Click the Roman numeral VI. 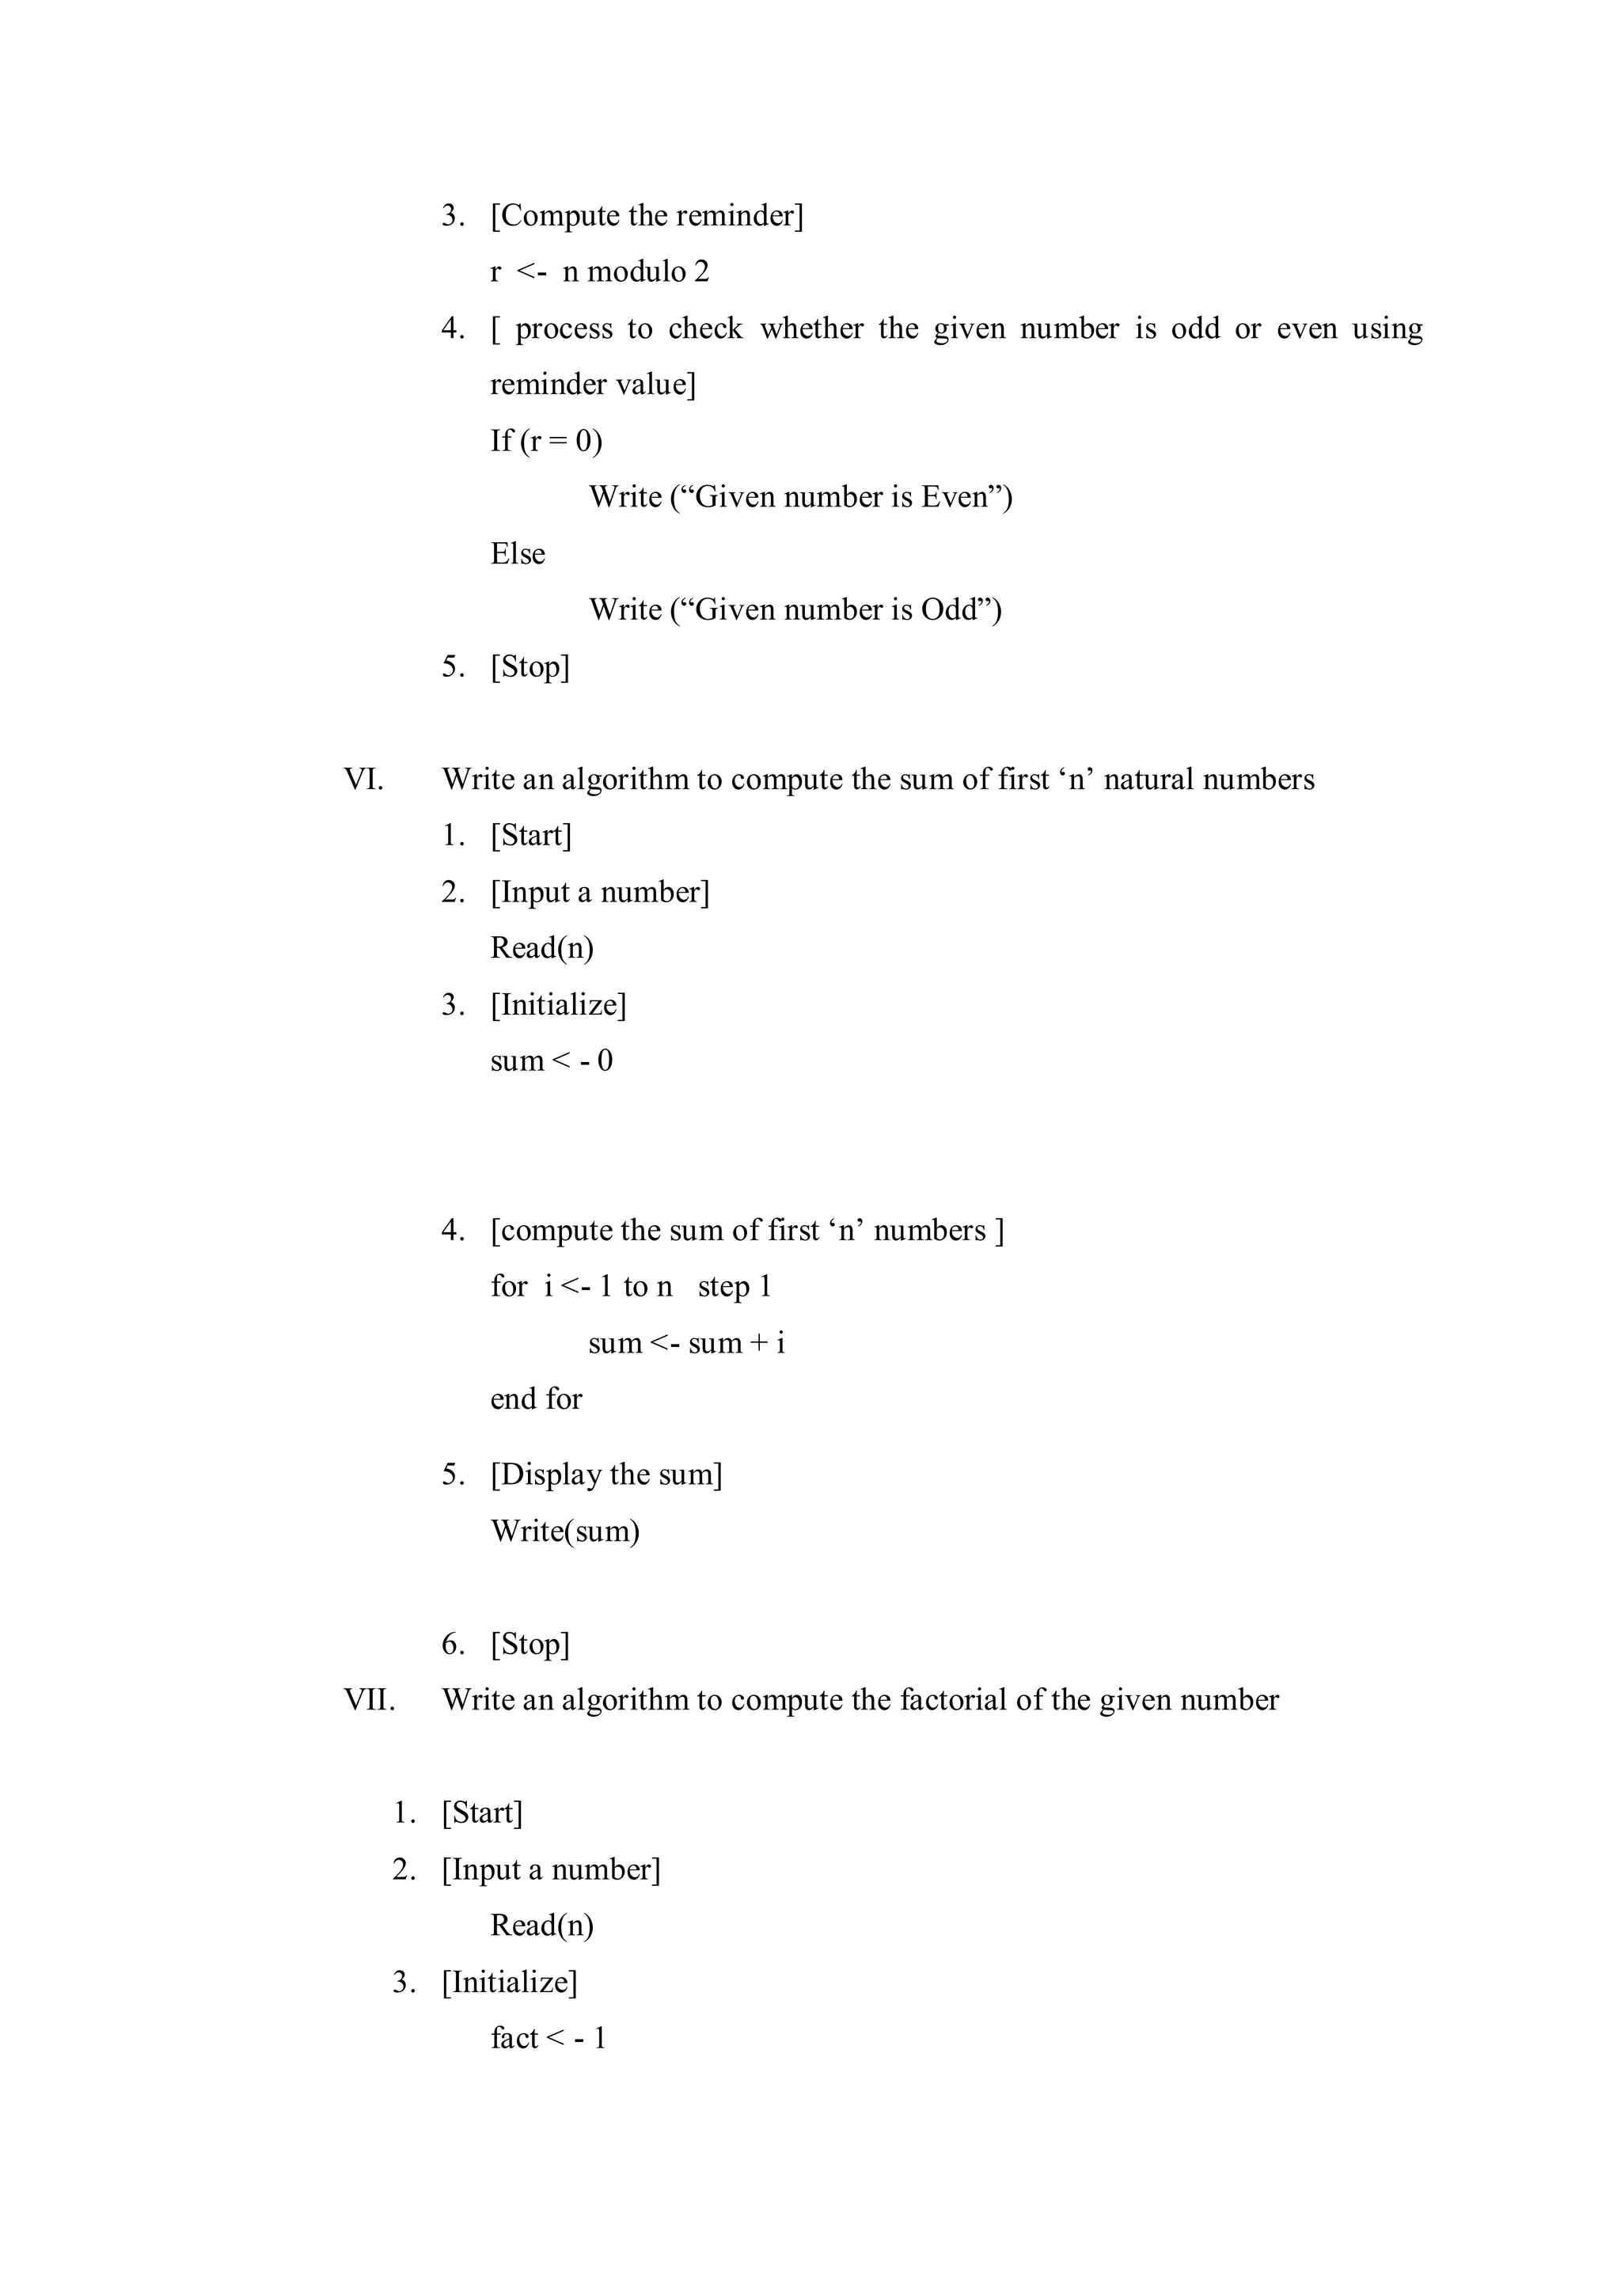363,780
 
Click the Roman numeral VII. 370,1700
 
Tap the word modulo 635,271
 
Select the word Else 517,554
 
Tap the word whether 810,328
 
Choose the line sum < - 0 551,1061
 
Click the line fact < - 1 548,2037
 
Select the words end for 536,1399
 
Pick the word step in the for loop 723,1287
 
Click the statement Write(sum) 564,1531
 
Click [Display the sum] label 606,1474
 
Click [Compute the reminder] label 647,215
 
